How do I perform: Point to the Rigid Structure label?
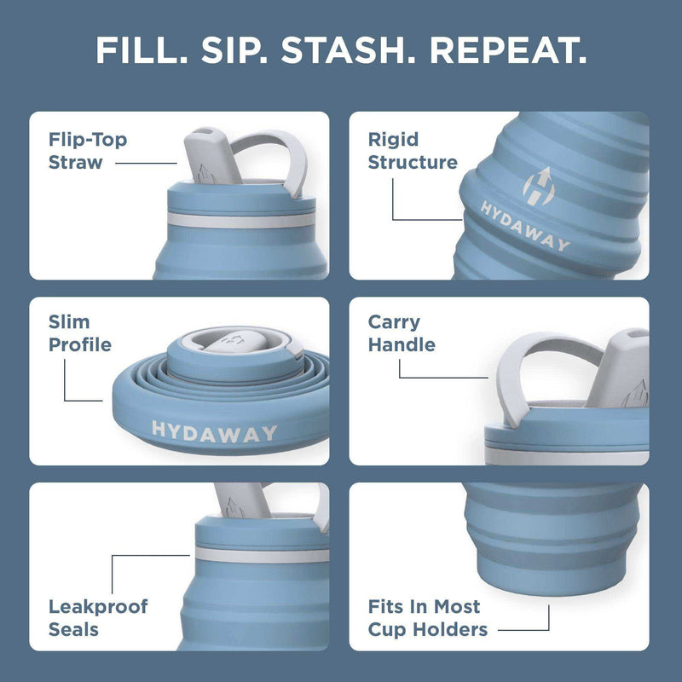pyautogui.click(x=413, y=150)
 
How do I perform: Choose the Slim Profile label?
pyautogui.click(x=80, y=333)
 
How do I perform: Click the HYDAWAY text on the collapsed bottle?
pyautogui.click(x=214, y=431)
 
